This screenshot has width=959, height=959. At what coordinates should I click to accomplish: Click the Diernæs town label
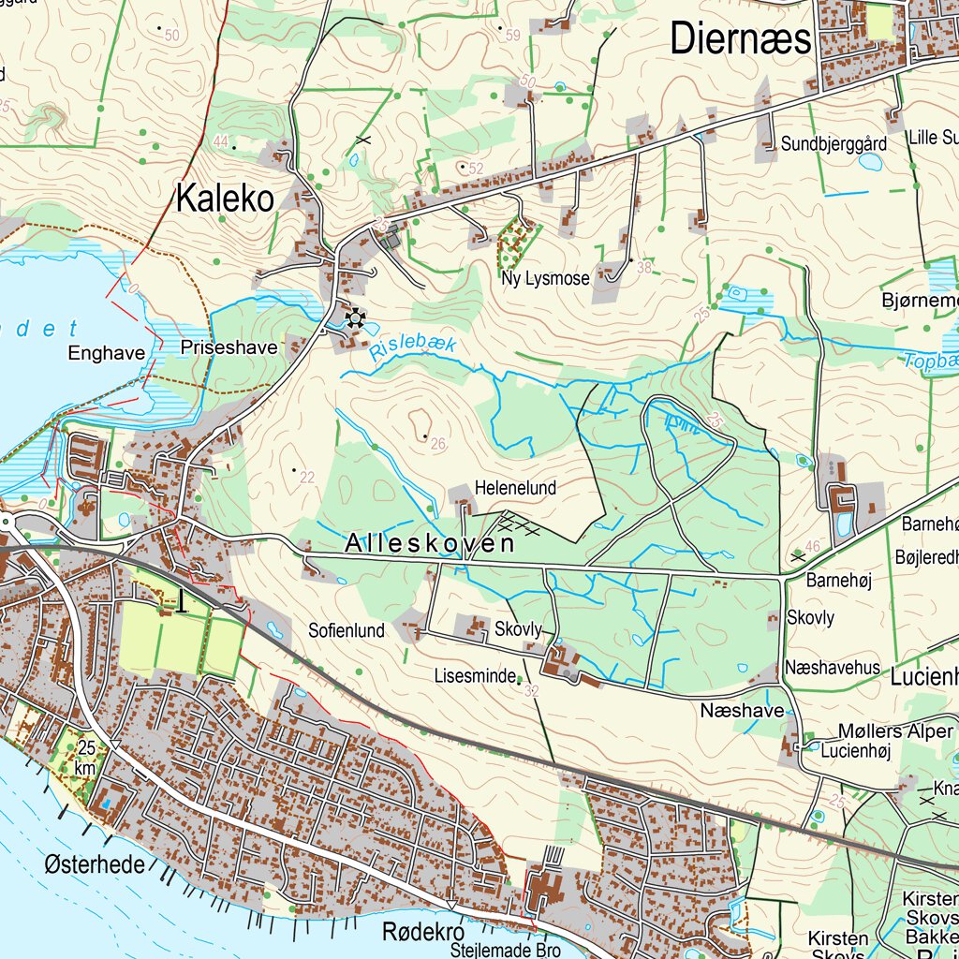click(x=741, y=40)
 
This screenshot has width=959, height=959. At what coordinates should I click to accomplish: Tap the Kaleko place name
click(x=225, y=199)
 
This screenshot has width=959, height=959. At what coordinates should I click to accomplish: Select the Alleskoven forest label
click(x=429, y=543)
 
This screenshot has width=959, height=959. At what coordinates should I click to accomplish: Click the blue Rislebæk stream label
click(x=413, y=348)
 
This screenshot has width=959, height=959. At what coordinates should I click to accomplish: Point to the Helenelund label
click(x=515, y=488)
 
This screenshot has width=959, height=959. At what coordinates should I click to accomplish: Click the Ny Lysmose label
click(x=545, y=278)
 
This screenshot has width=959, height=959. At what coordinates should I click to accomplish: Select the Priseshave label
click(x=229, y=347)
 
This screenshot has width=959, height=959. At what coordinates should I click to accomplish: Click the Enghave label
click(x=107, y=353)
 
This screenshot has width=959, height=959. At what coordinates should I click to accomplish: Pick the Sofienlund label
click(x=347, y=630)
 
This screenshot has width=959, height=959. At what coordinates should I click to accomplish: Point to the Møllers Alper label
click(x=894, y=731)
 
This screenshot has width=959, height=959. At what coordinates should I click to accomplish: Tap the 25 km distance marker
click(x=87, y=758)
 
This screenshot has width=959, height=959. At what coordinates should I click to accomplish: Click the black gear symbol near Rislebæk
click(x=355, y=319)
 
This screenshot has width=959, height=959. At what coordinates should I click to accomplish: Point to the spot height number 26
click(x=437, y=444)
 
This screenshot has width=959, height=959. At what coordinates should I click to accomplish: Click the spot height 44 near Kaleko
click(x=221, y=141)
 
